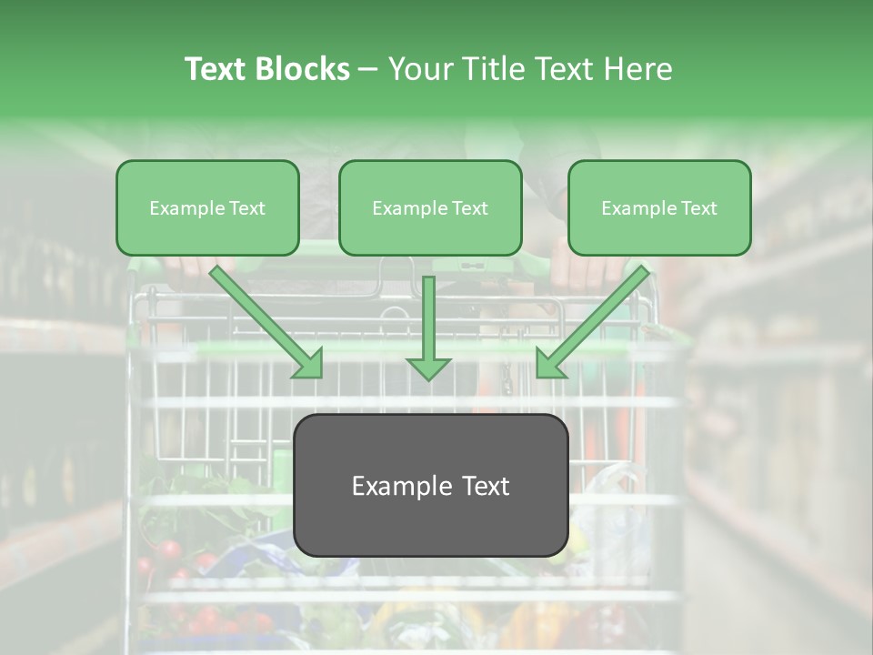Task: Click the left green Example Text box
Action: click(207, 207)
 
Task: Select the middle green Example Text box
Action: click(430, 207)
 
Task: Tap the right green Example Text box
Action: click(659, 207)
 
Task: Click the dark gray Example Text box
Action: click(431, 485)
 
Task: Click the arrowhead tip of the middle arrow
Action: click(428, 375)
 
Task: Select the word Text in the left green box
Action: click(247, 208)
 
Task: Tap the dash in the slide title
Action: click(368, 69)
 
